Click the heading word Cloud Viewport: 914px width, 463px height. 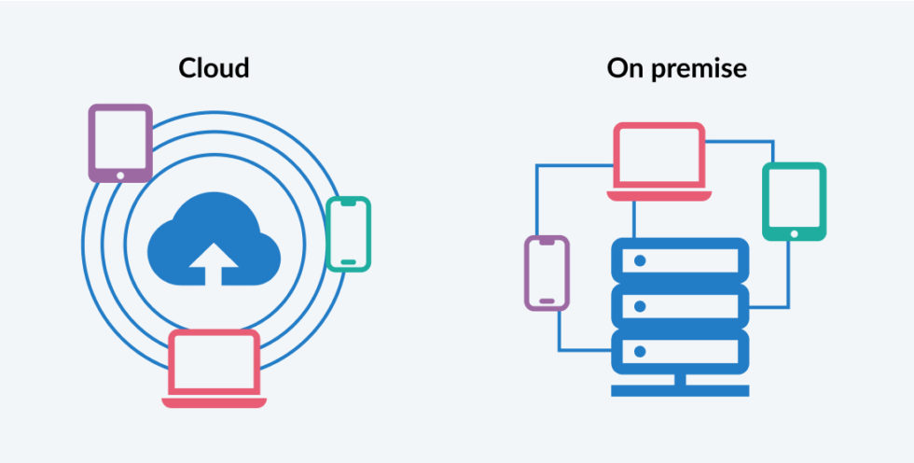pos(214,69)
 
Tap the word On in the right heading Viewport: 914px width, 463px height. pos(623,69)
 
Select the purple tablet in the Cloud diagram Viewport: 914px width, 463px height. pos(120,142)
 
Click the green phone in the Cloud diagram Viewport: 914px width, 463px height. pos(349,234)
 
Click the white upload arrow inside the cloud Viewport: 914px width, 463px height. pos(214,262)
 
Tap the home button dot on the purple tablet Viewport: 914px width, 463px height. pos(120,173)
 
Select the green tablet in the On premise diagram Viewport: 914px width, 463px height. pos(794,201)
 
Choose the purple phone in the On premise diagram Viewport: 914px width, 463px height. pos(547,272)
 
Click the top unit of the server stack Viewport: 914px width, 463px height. pos(680,260)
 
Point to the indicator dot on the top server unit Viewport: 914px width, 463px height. pos(640,260)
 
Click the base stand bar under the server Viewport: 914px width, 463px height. pos(680,390)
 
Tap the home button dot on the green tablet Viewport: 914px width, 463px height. pos(794,232)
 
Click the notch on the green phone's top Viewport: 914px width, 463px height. pos(349,203)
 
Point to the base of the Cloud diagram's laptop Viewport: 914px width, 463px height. pos(214,402)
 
